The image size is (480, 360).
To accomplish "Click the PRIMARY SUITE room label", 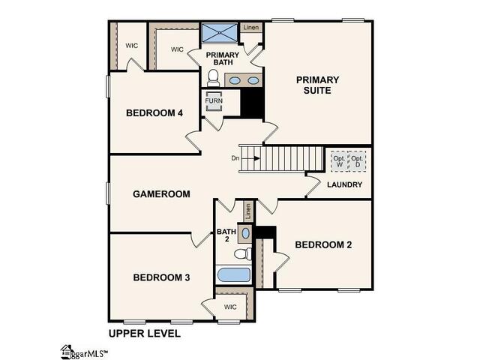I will tap(317, 85).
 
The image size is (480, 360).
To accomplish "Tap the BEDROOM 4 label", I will tap(154, 113).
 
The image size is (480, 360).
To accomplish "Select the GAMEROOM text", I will tap(161, 193).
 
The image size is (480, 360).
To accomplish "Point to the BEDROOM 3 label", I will tap(161, 277).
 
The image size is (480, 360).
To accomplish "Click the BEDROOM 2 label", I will tap(323, 244).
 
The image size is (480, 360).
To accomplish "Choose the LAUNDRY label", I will tap(345, 184).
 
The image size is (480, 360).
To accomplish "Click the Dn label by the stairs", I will tap(235, 158).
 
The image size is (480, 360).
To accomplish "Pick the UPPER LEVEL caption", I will tap(141, 332).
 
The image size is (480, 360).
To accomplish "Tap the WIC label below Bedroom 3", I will tap(229, 306).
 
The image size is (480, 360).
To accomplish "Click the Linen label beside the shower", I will tap(250, 28).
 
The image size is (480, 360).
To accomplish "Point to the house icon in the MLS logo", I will tap(67, 350).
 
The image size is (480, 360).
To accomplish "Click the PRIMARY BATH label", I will tap(223, 58).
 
